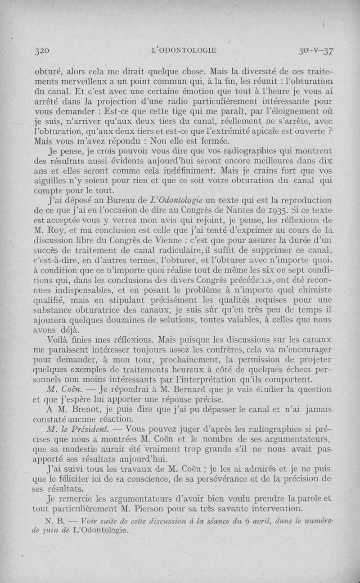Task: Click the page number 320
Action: (41, 50)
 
